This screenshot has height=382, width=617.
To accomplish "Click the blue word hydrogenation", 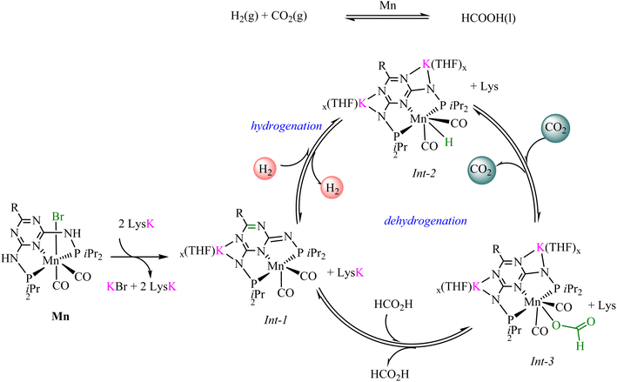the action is pyautogui.click(x=286, y=126).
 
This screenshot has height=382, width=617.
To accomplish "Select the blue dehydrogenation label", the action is pyautogui.click(x=426, y=221).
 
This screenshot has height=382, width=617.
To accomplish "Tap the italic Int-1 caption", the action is pyautogui.click(x=276, y=320).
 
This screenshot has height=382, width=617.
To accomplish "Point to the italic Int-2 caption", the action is pyautogui.click(x=424, y=172).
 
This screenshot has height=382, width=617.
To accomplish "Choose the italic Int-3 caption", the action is pyautogui.click(x=542, y=361).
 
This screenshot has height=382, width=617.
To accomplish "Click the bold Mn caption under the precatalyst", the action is pyautogui.click(x=60, y=316).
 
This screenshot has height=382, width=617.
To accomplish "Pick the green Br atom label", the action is pyautogui.click(x=57, y=217).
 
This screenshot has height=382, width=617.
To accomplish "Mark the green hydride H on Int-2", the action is pyautogui.click(x=448, y=143).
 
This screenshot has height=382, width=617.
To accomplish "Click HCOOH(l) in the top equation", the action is pyautogui.click(x=488, y=18).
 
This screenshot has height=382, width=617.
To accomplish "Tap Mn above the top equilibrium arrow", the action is pyautogui.click(x=387, y=6).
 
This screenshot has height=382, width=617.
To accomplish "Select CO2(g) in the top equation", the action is pyautogui.click(x=289, y=17).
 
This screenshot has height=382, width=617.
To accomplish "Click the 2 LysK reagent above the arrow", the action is pyautogui.click(x=137, y=225).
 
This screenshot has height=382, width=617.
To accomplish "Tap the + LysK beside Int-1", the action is pyautogui.click(x=345, y=272).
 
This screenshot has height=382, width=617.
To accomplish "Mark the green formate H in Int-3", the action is pyautogui.click(x=580, y=345).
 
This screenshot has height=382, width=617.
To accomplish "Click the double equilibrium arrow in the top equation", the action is pyautogui.click(x=387, y=17).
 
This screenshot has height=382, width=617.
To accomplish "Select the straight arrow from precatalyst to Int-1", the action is pyautogui.click(x=140, y=257).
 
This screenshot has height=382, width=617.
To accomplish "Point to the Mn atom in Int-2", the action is pyautogui.click(x=419, y=118).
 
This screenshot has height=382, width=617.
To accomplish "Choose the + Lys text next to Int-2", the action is pyautogui.click(x=485, y=86).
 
